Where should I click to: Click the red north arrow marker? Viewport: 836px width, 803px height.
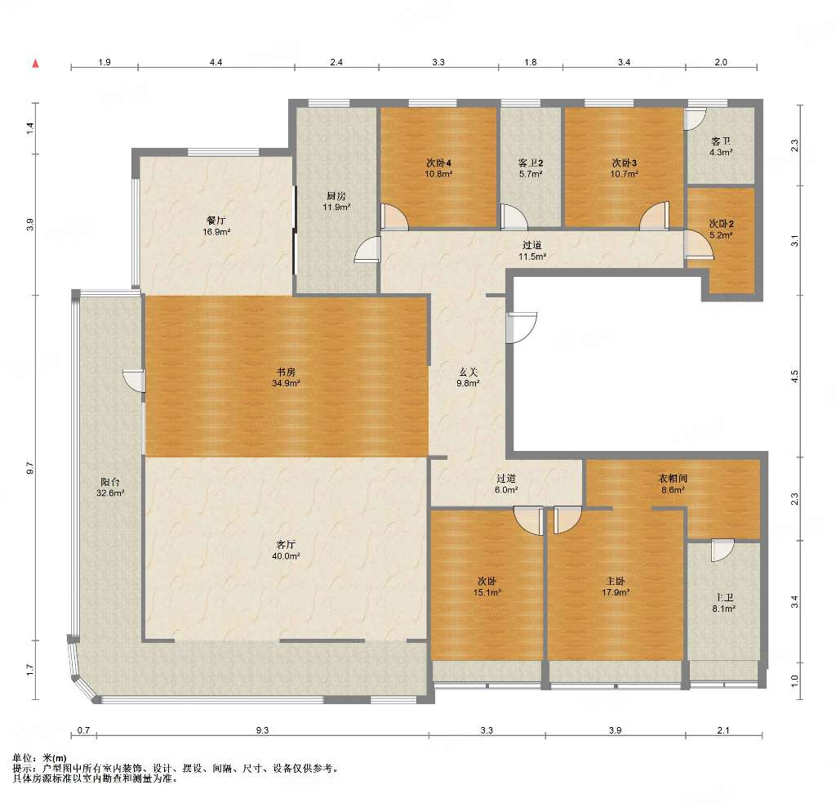point(36,64)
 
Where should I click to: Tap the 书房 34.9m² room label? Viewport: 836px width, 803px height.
point(286,377)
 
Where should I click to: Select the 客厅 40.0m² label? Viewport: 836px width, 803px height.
point(286,550)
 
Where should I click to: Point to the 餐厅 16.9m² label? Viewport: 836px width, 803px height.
point(216,225)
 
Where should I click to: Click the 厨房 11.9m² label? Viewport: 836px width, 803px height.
point(336,201)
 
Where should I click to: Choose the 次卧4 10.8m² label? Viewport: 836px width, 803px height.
point(438,168)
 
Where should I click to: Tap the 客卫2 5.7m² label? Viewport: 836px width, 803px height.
point(531,168)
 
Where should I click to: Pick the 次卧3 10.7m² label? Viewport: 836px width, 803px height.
point(625,168)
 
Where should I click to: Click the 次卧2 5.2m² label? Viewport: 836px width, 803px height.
point(721,229)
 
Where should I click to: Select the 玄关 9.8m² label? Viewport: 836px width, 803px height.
point(468,377)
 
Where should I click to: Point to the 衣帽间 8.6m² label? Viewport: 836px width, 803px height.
point(673,484)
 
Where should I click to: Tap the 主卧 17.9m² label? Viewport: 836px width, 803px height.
point(616,587)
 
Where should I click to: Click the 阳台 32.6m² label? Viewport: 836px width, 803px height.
point(110,488)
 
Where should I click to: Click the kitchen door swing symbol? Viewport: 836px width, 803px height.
point(368,250)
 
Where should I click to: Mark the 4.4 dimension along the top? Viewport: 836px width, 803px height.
point(216,62)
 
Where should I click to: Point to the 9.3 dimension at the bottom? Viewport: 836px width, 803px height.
point(262,730)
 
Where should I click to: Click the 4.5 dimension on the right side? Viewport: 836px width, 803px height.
point(794,377)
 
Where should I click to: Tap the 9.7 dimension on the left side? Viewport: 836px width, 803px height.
point(30,468)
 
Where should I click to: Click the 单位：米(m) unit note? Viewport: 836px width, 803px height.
point(39,758)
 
